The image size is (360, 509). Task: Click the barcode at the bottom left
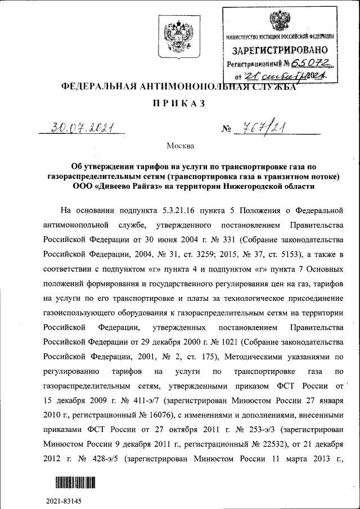[75, 483]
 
